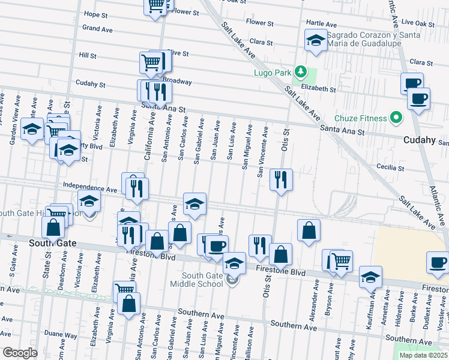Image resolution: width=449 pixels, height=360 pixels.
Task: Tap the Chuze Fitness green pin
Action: pyautogui.click(x=395, y=118)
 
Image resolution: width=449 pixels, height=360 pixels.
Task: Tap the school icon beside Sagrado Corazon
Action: pyautogui.click(x=315, y=41)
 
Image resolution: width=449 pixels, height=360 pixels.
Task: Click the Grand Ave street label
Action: pyautogui.click(x=98, y=29)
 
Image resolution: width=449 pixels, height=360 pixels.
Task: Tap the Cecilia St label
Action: pyautogui.click(x=388, y=167)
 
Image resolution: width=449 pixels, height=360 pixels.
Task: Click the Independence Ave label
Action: pyautogui.click(x=90, y=189)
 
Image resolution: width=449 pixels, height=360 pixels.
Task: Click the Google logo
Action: pyautogui.click(x=20, y=353)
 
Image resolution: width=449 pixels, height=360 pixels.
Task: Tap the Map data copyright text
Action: pyautogui.click(x=423, y=355)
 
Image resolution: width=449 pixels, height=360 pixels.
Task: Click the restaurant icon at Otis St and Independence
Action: pyautogui.click(x=280, y=179)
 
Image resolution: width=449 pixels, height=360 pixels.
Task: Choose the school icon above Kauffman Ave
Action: pyautogui.click(x=370, y=277)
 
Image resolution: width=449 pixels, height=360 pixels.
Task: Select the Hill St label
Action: pyautogui.click(x=88, y=55)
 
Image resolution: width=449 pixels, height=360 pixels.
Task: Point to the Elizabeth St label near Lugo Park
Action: pyautogui.click(x=319, y=88)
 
